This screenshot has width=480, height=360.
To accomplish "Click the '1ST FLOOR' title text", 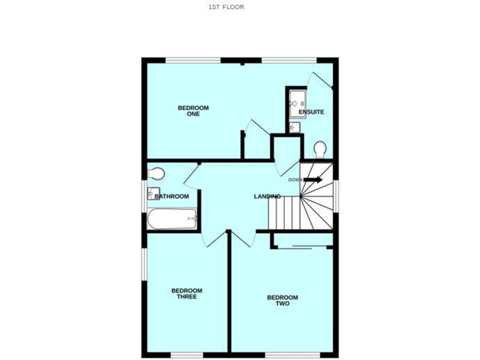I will (x=226, y=7).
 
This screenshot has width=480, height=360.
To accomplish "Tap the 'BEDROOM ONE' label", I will (x=193, y=111).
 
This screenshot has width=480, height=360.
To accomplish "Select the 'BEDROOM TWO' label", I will (x=282, y=301).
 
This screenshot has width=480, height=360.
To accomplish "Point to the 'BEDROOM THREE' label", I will (x=187, y=293).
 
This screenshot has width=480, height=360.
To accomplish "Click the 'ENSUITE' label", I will (x=311, y=112).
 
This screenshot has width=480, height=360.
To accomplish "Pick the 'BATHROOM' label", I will (x=172, y=196).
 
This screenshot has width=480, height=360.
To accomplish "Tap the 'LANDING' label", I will (x=267, y=197).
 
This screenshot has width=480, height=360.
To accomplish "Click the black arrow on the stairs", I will (x=314, y=180).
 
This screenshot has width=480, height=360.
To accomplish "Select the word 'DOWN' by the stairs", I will (x=295, y=180).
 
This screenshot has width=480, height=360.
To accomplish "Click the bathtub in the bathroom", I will (x=172, y=219).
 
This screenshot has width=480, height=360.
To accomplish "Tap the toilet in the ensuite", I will (x=319, y=149).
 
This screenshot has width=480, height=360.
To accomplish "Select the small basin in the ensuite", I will (x=296, y=127).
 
